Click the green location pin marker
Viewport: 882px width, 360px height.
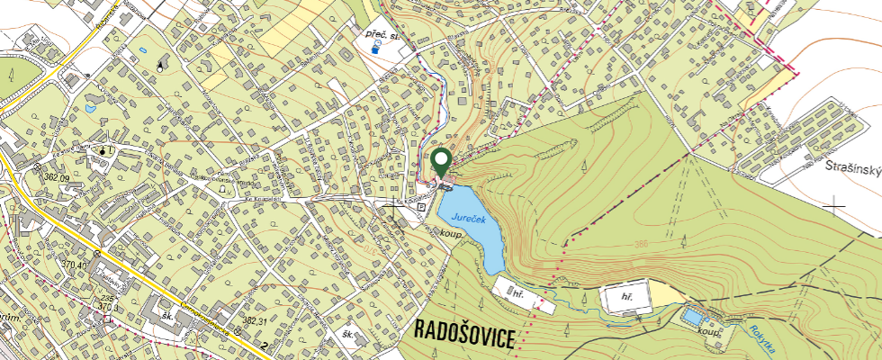(441, 162)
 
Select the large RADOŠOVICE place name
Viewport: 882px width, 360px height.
(464, 335)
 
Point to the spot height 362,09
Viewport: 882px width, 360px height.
(56, 177)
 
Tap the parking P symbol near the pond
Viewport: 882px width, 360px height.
(420, 205)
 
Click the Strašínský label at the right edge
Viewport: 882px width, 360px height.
(853, 168)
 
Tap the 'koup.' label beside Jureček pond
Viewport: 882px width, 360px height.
(452, 233)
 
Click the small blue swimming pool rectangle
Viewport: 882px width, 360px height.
(692, 318)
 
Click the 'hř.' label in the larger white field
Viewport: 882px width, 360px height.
(628, 295)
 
